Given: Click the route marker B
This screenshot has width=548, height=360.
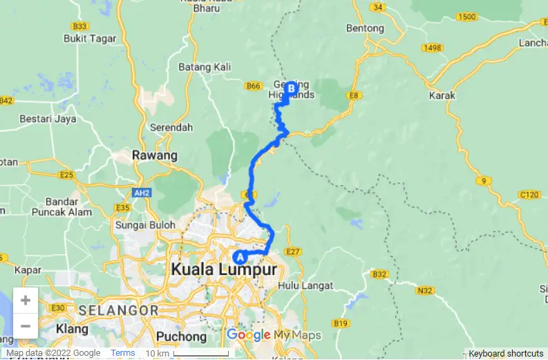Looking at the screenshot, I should [291, 88].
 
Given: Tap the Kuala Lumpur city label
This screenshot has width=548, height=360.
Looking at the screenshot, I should [224, 269].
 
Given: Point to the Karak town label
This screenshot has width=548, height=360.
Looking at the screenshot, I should [441, 96].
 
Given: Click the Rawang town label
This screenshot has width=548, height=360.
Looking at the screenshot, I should [155, 155].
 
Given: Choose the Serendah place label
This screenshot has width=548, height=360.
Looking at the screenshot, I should [172, 128].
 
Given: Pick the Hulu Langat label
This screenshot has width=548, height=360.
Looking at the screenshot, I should [305, 285].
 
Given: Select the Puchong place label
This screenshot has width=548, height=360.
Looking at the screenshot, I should [182, 337].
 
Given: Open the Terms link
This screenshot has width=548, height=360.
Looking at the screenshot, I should [123, 353].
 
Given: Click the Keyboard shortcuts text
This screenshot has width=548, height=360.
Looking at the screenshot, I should [506, 353].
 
